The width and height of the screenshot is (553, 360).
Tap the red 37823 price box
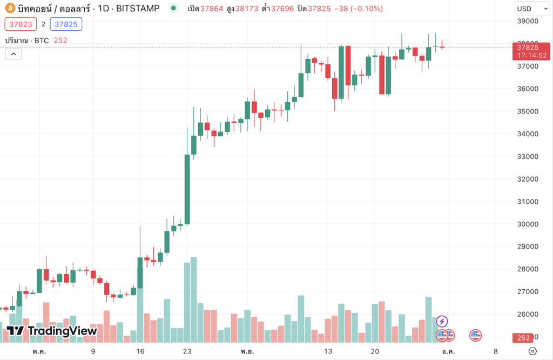21,24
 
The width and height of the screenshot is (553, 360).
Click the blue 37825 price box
66,24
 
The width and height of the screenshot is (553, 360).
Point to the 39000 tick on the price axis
528,21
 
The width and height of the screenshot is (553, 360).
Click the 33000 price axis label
528,156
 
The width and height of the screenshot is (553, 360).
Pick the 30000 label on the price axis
528,224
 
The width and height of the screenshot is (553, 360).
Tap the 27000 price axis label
528,291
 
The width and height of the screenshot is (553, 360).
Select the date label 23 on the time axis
187,351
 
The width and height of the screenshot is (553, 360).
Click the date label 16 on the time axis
140,351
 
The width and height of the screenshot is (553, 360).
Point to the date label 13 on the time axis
328,351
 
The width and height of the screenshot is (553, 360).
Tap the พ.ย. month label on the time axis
248,351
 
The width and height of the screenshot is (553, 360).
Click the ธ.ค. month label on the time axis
448,351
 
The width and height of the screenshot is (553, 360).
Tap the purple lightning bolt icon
442,322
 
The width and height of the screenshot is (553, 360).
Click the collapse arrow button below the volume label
13,54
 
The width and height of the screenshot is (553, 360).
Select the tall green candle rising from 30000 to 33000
187,189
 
